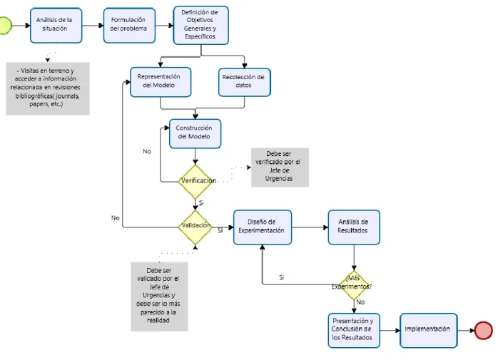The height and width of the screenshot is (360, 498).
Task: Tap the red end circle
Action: pos(484,331)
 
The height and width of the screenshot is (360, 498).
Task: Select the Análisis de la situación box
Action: pos(56,26)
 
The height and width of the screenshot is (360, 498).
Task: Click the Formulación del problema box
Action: pos(129,26)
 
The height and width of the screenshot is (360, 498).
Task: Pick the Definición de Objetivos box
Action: pos(200,26)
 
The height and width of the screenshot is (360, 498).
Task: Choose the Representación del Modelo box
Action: pos(161,82)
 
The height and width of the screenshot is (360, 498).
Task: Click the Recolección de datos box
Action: pos(245,82)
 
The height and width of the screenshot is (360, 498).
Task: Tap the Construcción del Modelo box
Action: pos(195,133)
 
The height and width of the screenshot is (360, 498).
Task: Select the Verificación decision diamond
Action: pos(195,182)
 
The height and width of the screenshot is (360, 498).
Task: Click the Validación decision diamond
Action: pos(195,227)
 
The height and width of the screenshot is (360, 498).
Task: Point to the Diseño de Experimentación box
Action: pos(263,227)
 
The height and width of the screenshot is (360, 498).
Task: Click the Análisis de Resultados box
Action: pos(354,227)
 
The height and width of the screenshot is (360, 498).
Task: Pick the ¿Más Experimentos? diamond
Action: pos(354,284)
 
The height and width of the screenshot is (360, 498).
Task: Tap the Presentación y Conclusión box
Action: pos(354,331)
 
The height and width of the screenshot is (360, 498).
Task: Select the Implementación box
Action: pos(429,331)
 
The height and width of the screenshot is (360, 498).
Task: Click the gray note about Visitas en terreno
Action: pos(48,88)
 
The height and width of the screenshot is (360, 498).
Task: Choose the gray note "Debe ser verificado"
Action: pos(280,167)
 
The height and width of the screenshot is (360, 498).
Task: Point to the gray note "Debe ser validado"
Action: pos(159,296)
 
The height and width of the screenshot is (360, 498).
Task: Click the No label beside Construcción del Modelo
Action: pos(147,151)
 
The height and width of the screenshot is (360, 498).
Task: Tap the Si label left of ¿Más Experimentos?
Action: pos(281,277)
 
